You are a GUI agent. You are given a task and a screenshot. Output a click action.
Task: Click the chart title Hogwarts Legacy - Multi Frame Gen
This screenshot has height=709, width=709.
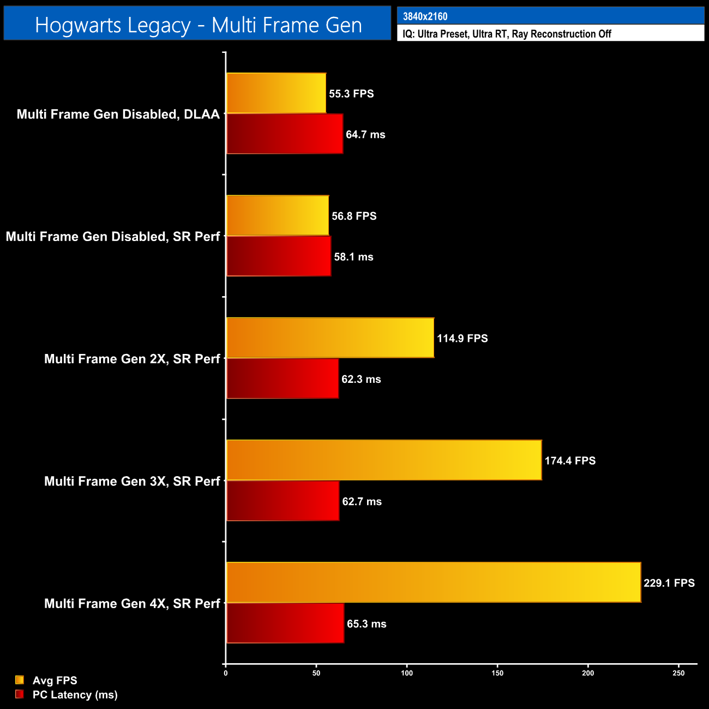198,25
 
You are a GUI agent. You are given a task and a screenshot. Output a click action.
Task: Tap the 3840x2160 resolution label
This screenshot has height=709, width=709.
425,16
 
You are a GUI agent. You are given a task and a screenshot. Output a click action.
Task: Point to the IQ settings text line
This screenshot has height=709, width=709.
507,34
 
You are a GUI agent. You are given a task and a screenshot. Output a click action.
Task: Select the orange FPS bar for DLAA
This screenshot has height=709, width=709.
276,93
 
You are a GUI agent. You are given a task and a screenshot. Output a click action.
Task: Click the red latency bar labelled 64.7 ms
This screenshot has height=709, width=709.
285,134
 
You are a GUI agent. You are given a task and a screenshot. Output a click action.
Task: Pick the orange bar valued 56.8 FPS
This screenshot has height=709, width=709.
278,215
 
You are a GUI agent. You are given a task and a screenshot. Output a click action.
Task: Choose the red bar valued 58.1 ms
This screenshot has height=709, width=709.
279,256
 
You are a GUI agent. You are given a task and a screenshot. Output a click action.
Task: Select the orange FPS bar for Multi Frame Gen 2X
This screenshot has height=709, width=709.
330,338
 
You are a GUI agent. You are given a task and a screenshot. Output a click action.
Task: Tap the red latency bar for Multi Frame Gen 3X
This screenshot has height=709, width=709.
283,501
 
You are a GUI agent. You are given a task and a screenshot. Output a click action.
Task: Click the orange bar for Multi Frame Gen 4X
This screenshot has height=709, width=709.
434,582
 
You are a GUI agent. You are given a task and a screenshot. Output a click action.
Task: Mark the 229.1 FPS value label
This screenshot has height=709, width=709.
669,583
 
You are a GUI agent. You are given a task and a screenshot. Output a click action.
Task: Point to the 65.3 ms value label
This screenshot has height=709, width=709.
366,624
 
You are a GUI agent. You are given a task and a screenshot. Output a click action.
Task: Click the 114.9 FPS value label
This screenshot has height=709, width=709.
462,338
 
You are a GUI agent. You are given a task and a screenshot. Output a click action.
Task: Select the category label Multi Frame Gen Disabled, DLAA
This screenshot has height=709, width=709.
118,114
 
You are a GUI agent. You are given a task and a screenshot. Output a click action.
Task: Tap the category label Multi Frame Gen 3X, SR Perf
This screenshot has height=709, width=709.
132,481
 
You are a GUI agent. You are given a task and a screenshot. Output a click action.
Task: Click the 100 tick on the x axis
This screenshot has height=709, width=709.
407,673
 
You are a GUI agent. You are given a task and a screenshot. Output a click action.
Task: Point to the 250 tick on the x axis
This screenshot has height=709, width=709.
678,673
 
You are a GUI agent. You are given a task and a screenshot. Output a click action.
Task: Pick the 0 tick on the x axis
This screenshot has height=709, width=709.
226,673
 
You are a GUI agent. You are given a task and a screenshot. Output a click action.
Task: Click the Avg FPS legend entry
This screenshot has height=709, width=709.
55,680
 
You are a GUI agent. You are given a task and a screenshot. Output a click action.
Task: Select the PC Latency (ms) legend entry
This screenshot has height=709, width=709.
75,694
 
